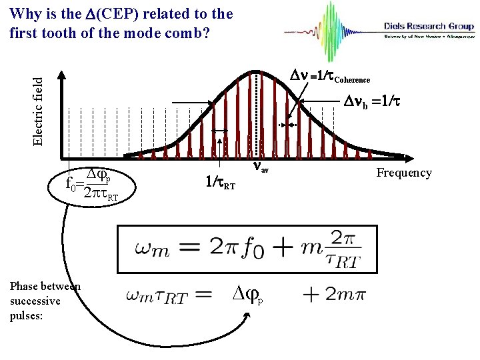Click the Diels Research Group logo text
point(429,27)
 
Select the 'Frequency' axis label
point(404,173)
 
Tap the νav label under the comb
point(260,169)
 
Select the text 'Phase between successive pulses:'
point(44,301)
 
